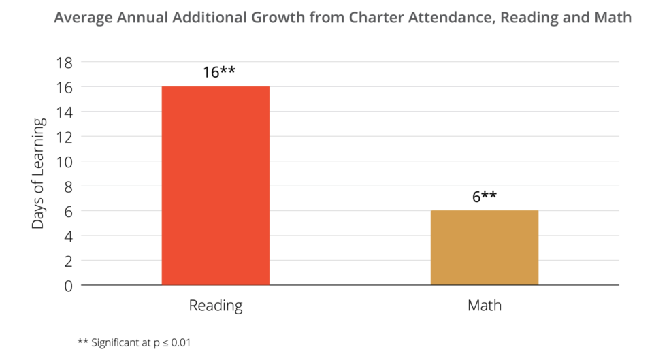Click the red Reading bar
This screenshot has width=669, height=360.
[x=215, y=185]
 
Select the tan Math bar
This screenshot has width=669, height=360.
[x=484, y=247]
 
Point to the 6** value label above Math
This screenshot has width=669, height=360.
[x=484, y=197]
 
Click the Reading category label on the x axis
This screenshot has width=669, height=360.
[x=215, y=306]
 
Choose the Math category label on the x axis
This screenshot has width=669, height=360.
[x=484, y=306]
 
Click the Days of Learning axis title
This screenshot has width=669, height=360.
[x=39, y=173]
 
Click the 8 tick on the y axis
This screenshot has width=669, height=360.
[x=68, y=186]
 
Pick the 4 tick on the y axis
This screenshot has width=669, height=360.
[x=68, y=236]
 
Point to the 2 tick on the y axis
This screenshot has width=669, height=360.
[x=68, y=261]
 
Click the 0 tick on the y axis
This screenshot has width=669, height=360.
[x=68, y=286]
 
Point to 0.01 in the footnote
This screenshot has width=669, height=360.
[x=180, y=342]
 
